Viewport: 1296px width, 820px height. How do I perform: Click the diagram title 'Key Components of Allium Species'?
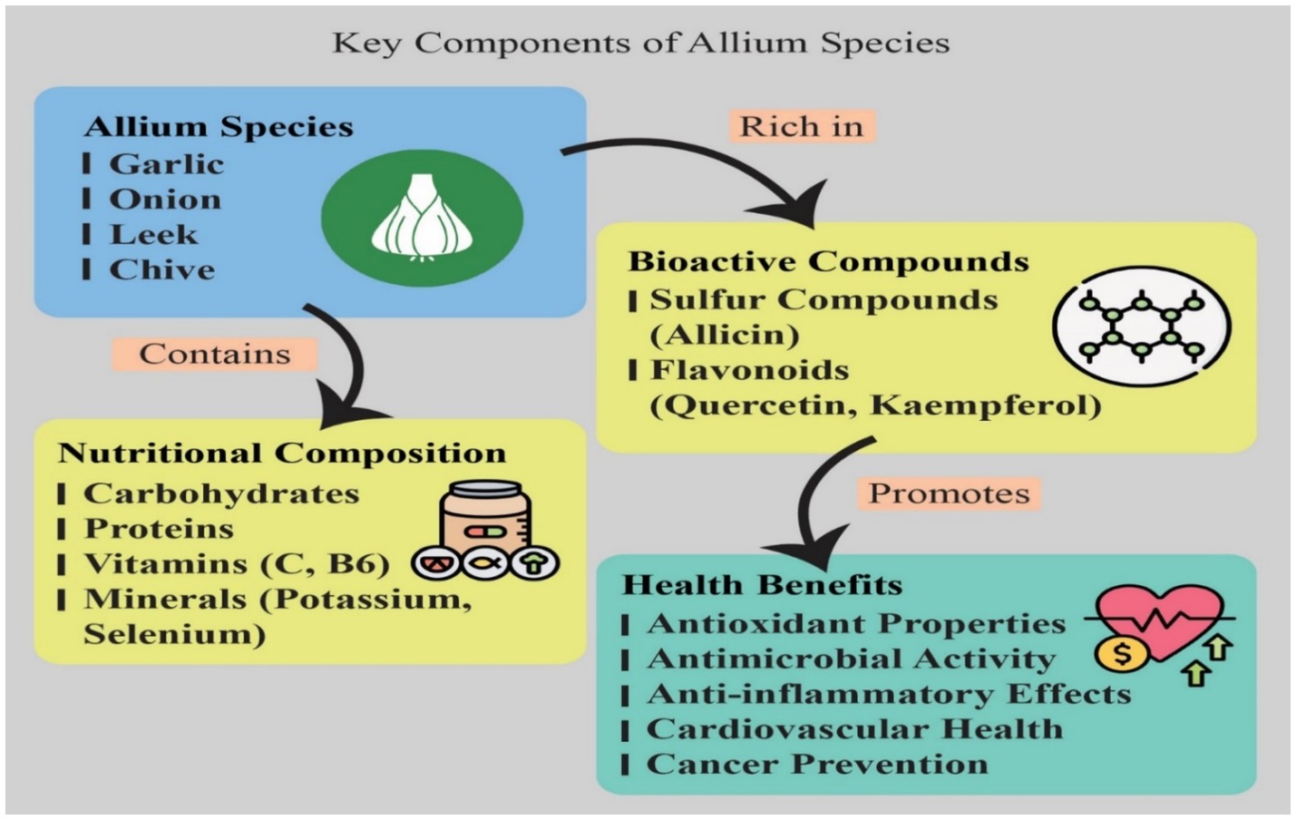[x=640, y=43]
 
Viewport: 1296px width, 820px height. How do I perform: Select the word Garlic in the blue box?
[x=166, y=164]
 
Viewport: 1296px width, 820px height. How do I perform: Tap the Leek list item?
[x=153, y=234]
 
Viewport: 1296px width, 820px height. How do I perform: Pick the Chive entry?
[x=161, y=269]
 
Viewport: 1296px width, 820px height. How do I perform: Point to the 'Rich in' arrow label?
[x=801, y=126]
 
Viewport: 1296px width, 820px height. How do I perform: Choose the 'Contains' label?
[x=214, y=354]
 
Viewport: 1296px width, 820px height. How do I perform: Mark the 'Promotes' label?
[x=949, y=493]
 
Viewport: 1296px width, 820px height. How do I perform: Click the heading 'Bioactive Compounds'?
[x=828, y=261]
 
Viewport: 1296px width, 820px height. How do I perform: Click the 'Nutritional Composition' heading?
[x=282, y=453]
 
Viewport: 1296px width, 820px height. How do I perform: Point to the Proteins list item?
[x=159, y=528]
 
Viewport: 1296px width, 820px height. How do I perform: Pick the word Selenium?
[x=174, y=633]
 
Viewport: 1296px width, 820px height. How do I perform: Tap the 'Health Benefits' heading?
[x=762, y=584]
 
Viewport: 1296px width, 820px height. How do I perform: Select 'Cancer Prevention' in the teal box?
[x=816, y=764]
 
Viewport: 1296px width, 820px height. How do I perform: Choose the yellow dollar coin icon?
[x=1121, y=654]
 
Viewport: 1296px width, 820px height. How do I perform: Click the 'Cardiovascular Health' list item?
[x=853, y=728]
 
